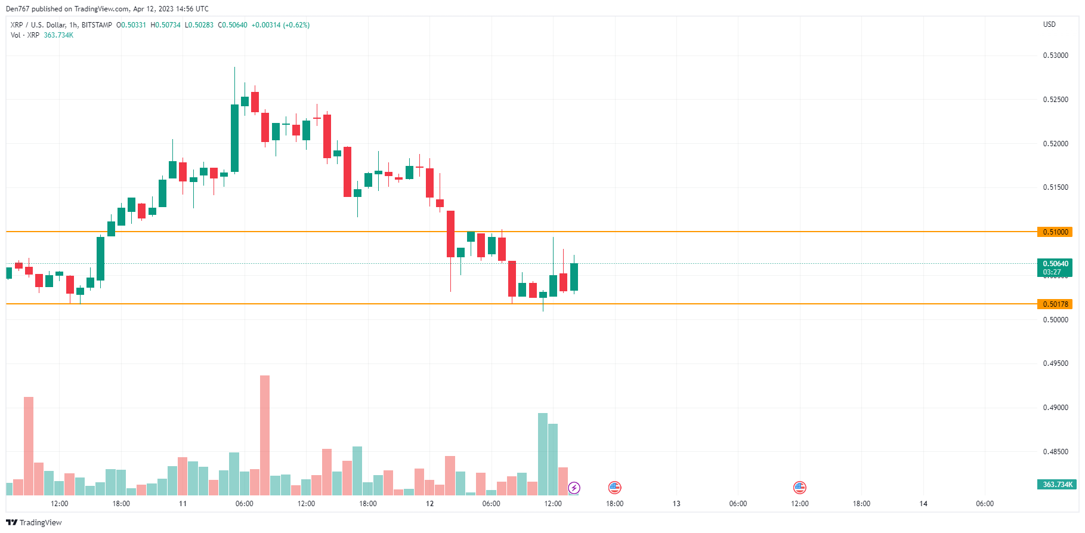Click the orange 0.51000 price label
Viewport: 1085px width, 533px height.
(x=1055, y=232)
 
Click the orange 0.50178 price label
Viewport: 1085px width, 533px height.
(x=1055, y=304)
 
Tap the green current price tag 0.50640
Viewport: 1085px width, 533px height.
(x=1055, y=264)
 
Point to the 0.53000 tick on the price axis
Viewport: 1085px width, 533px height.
(x=1055, y=56)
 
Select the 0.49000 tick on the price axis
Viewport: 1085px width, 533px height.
(x=1055, y=408)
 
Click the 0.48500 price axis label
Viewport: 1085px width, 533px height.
(x=1055, y=452)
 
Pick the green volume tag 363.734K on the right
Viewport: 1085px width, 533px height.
(x=1057, y=485)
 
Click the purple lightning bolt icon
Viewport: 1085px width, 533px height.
(x=574, y=488)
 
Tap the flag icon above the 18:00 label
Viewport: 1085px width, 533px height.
(x=614, y=488)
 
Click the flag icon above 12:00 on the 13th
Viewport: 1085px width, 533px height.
(x=799, y=488)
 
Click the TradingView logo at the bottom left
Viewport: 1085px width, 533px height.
(x=34, y=522)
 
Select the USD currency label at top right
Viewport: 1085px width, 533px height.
(x=1049, y=24)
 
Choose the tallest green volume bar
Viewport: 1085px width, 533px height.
(x=543, y=454)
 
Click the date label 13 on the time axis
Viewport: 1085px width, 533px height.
(x=676, y=504)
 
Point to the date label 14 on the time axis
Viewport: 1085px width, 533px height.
(x=923, y=504)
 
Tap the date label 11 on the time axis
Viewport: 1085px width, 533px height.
(x=183, y=504)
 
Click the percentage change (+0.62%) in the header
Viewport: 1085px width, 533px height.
(x=296, y=25)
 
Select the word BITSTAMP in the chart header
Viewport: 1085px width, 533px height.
(x=97, y=25)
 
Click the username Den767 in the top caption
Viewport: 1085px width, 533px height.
(x=17, y=9)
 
